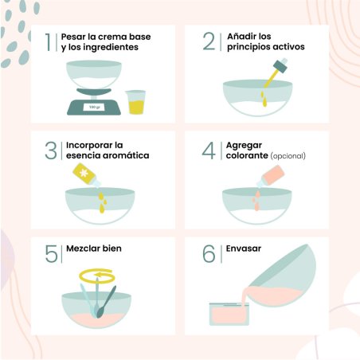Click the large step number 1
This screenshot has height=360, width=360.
click(48, 42)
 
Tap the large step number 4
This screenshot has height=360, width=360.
click(209, 151)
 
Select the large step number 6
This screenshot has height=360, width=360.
click(209, 254)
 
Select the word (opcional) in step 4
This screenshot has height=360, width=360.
click(288, 155)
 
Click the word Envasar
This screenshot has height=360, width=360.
click(244, 248)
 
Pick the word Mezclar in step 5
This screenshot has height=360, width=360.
click(83, 248)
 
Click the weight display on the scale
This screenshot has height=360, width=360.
click(94, 108)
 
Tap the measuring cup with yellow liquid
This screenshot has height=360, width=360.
click(136, 102)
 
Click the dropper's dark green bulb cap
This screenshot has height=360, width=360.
click(280, 65)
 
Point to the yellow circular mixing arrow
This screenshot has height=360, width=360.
click(97, 276)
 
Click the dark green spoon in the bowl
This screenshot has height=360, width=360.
click(106, 302)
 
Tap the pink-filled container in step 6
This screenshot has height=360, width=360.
click(229, 315)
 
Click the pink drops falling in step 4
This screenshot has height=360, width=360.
click(256, 200)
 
